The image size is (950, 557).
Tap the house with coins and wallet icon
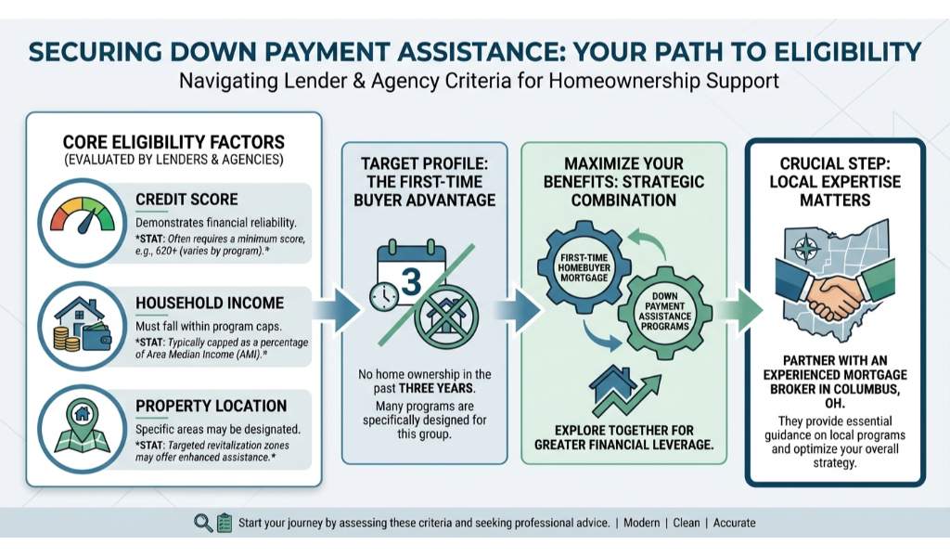83,326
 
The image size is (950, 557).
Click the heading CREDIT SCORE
186,200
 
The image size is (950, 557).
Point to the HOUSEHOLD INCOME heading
210,303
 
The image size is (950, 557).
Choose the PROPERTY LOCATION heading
211,406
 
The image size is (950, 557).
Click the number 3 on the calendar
411,282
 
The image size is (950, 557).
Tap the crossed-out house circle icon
446,315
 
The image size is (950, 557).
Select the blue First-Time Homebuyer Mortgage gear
584,267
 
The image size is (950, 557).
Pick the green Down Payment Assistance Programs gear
664,311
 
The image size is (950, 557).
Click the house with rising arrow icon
624,390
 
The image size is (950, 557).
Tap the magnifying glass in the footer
203,523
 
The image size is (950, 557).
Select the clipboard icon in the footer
225,523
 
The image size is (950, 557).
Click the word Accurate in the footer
735,523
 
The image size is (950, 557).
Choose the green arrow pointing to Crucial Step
739,310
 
